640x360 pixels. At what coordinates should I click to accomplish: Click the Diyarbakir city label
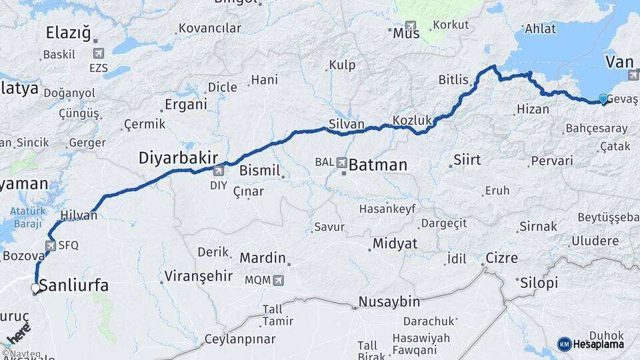point(178,158)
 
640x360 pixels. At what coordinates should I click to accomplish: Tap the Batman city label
point(378,164)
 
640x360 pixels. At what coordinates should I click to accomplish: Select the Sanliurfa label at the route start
point(73,286)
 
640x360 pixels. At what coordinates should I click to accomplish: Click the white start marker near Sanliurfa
point(35,288)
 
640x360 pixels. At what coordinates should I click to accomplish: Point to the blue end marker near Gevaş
point(603,99)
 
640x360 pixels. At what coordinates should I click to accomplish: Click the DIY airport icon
point(218,170)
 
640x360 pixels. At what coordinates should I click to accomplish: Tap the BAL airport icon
point(342,162)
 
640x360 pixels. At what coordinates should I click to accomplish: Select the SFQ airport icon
point(51,245)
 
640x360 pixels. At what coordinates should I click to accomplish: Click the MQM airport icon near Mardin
point(277,281)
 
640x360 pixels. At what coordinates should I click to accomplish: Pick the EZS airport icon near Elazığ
point(99,53)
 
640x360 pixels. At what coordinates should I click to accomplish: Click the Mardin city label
point(263,258)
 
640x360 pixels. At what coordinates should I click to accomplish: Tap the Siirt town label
point(467,160)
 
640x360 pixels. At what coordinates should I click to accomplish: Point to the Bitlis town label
point(453,80)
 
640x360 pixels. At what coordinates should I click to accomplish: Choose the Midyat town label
point(395,243)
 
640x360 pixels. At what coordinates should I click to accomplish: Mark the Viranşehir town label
point(198,276)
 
